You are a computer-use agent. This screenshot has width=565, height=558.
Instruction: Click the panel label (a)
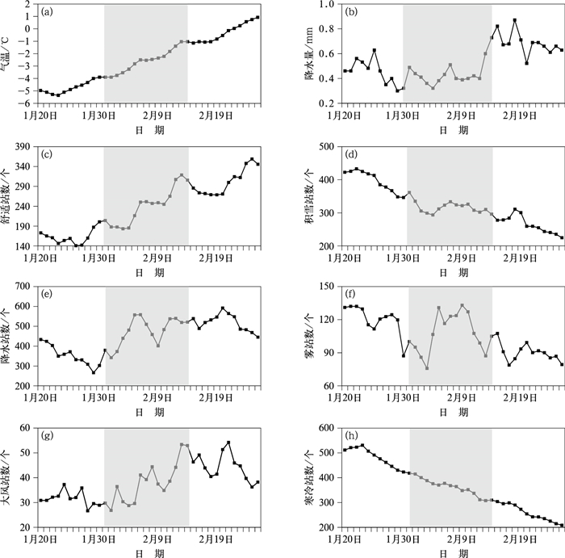tap(48, 12)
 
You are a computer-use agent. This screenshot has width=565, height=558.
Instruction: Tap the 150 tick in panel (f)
tap(326, 287)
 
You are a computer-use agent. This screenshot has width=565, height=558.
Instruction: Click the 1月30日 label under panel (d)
tap(405, 259)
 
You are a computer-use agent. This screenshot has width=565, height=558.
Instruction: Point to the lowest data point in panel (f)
tap(426, 368)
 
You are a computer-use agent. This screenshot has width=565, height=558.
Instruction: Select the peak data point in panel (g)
tap(229, 443)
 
